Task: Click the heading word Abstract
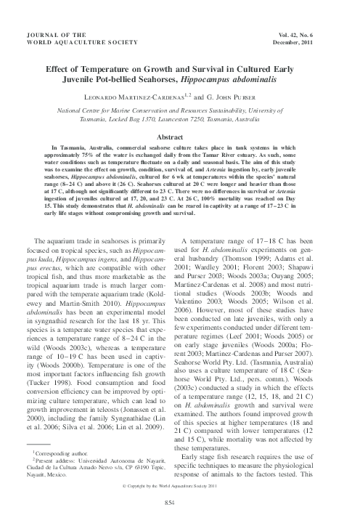click(179, 137)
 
